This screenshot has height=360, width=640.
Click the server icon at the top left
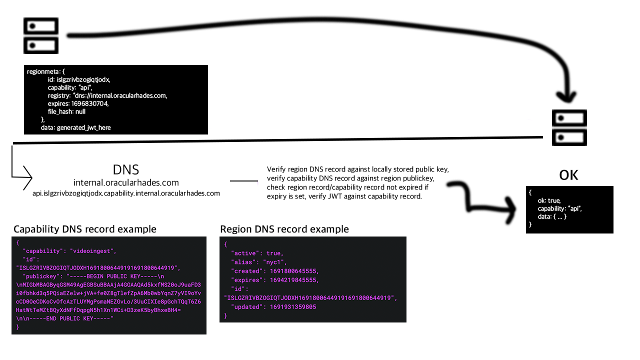tap(41, 35)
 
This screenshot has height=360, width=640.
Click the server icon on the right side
tap(569, 127)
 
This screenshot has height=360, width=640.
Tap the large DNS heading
tap(126, 169)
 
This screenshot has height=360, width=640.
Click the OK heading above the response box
tap(569, 175)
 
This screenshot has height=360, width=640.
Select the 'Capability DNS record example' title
tap(85, 229)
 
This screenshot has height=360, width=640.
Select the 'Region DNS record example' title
tap(284, 229)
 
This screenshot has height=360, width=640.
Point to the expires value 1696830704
tap(90, 103)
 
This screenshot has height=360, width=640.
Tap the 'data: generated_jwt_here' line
tap(76, 127)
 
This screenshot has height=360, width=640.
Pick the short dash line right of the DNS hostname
tap(244, 181)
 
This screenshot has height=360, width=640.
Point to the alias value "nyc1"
tap(274, 262)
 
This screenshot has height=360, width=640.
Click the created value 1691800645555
tap(293, 271)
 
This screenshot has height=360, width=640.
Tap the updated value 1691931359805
tap(293, 307)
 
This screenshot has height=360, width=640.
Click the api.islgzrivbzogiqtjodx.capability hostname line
tap(126, 193)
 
